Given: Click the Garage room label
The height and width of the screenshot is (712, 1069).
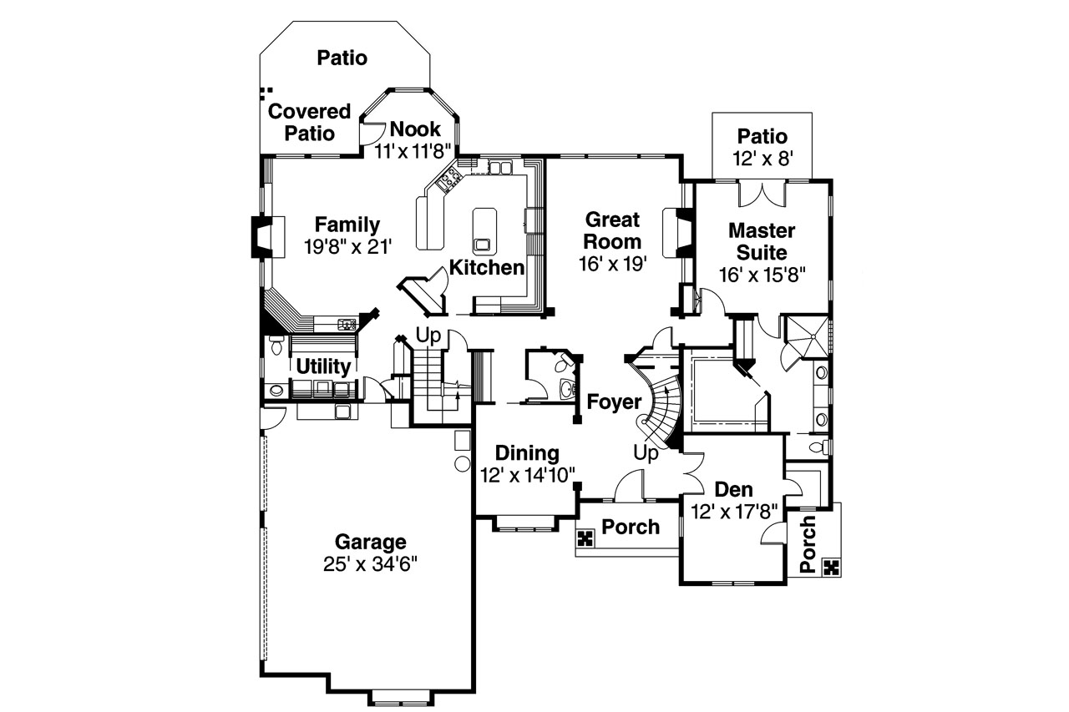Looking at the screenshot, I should point(370,542).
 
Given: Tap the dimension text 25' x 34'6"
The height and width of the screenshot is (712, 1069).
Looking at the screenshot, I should point(370,564).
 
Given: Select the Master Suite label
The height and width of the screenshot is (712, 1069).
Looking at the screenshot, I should point(761,241).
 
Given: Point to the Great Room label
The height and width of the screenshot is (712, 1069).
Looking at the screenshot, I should point(612,231).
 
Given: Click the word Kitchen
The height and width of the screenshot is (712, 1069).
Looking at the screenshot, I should point(487,268).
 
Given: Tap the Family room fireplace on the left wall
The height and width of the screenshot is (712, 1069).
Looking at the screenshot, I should point(261,236).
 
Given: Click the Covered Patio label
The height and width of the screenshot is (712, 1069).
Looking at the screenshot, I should point(309,123).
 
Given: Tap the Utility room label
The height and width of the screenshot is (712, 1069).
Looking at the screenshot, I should point(322,366).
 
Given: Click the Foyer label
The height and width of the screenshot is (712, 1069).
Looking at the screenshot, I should point(613,401).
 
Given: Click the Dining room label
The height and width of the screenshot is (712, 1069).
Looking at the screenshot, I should point(527,453).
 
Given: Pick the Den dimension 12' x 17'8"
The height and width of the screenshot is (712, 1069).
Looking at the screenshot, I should point(734,511).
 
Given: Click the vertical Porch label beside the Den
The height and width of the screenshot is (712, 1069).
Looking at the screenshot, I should point(807,544).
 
